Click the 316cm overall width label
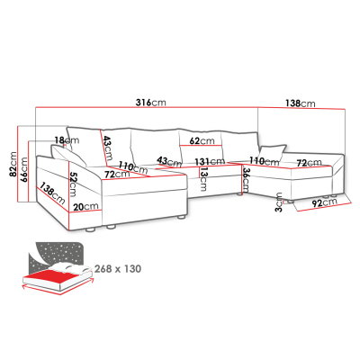(150, 103)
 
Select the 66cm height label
(23, 169)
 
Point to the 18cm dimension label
(67, 140)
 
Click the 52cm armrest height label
(73, 184)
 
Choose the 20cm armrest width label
(86, 207)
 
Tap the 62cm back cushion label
(202, 140)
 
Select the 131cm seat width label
(210, 162)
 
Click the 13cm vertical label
(203, 179)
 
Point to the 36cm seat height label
(246, 180)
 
